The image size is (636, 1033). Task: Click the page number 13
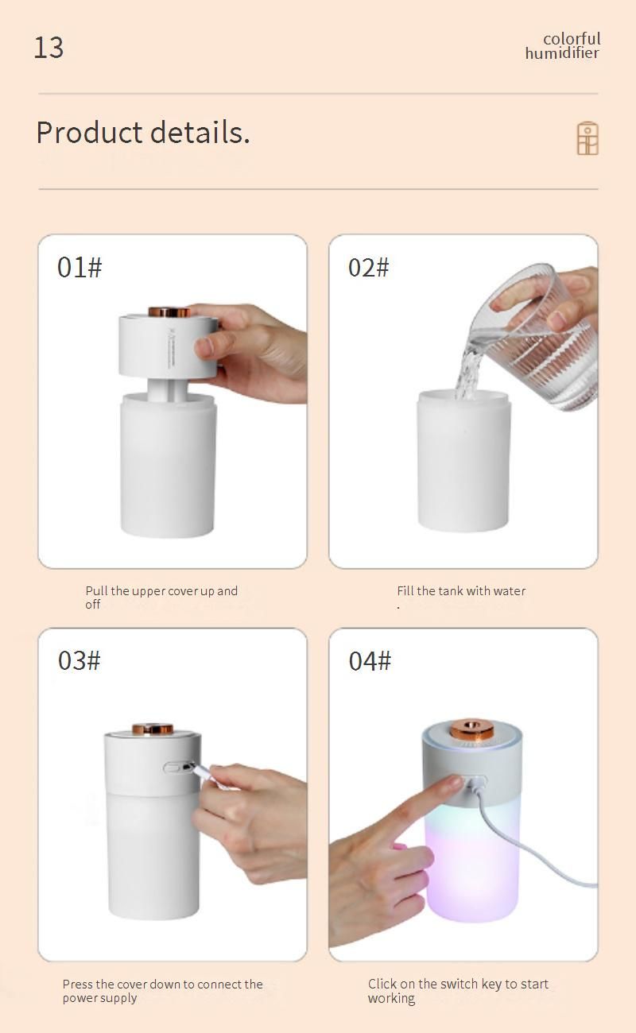[49, 48]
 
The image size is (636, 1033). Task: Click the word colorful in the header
[572, 39]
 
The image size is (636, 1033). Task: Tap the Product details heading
[143, 133]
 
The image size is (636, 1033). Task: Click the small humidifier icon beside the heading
[588, 138]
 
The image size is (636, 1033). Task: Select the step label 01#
[79, 267]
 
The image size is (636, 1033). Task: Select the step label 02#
[369, 268]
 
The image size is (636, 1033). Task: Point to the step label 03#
[79, 660]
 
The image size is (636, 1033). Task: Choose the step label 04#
[370, 660]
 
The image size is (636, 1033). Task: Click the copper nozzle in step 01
[169, 311]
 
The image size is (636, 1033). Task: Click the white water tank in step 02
[463, 460]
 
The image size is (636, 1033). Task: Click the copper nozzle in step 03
[153, 729]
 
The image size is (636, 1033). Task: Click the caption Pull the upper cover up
[161, 598]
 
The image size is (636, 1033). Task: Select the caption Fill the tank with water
[461, 590]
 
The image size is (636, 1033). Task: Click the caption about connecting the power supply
[162, 991]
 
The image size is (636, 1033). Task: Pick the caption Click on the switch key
[458, 991]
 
